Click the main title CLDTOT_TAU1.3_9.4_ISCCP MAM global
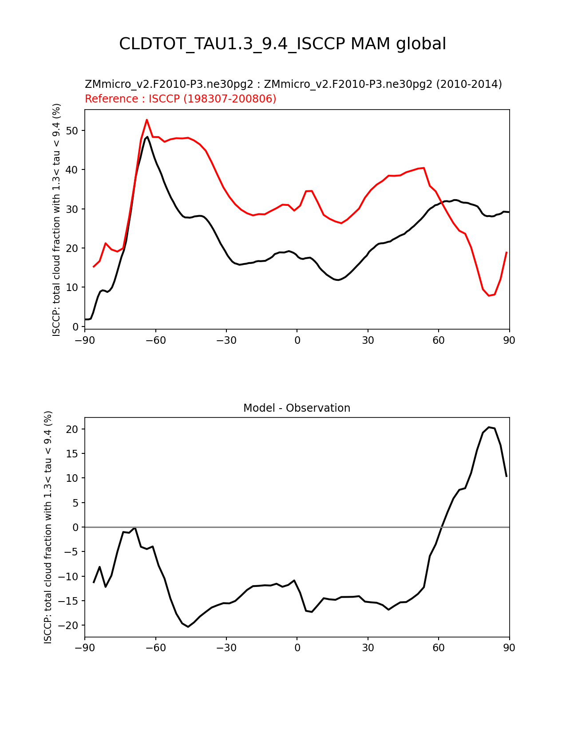[x=282, y=44]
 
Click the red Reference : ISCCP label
[x=180, y=98]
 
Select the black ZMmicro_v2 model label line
[x=293, y=84]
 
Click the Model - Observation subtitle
[x=297, y=408]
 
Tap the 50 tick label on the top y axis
[x=73, y=130]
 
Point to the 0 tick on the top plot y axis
[x=76, y=327]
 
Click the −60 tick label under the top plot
[x=155, y=340]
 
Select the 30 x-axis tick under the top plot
[x=368, y=340]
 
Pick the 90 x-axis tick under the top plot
[x=509, y=340]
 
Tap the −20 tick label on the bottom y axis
[x=70, y=626]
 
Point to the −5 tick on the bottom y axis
[x=72, y=552]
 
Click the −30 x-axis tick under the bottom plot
[x=226, y=648]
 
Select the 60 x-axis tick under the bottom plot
[x=439, y=648]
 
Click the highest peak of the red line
[x=146, y=119]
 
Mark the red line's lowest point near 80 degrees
[x=489, y=295]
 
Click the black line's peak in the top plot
[x=147, y=137]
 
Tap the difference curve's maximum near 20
[x=489, y=427]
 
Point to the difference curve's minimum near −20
[x=188, y=626]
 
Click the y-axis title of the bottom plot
[x=48, y=527]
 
